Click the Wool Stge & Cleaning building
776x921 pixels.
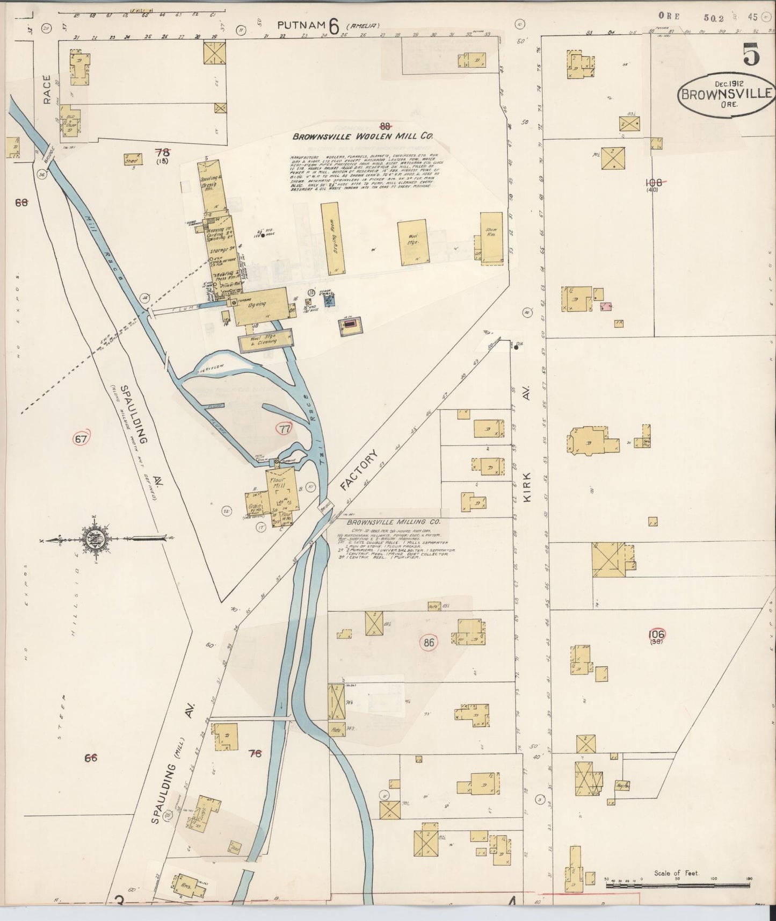pos(266,340)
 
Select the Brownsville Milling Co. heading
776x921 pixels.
pos(393,522)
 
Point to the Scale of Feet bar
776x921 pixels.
pos(678,879)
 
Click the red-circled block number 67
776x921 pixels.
pos(81,439)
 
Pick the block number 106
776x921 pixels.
pos(656,635)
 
